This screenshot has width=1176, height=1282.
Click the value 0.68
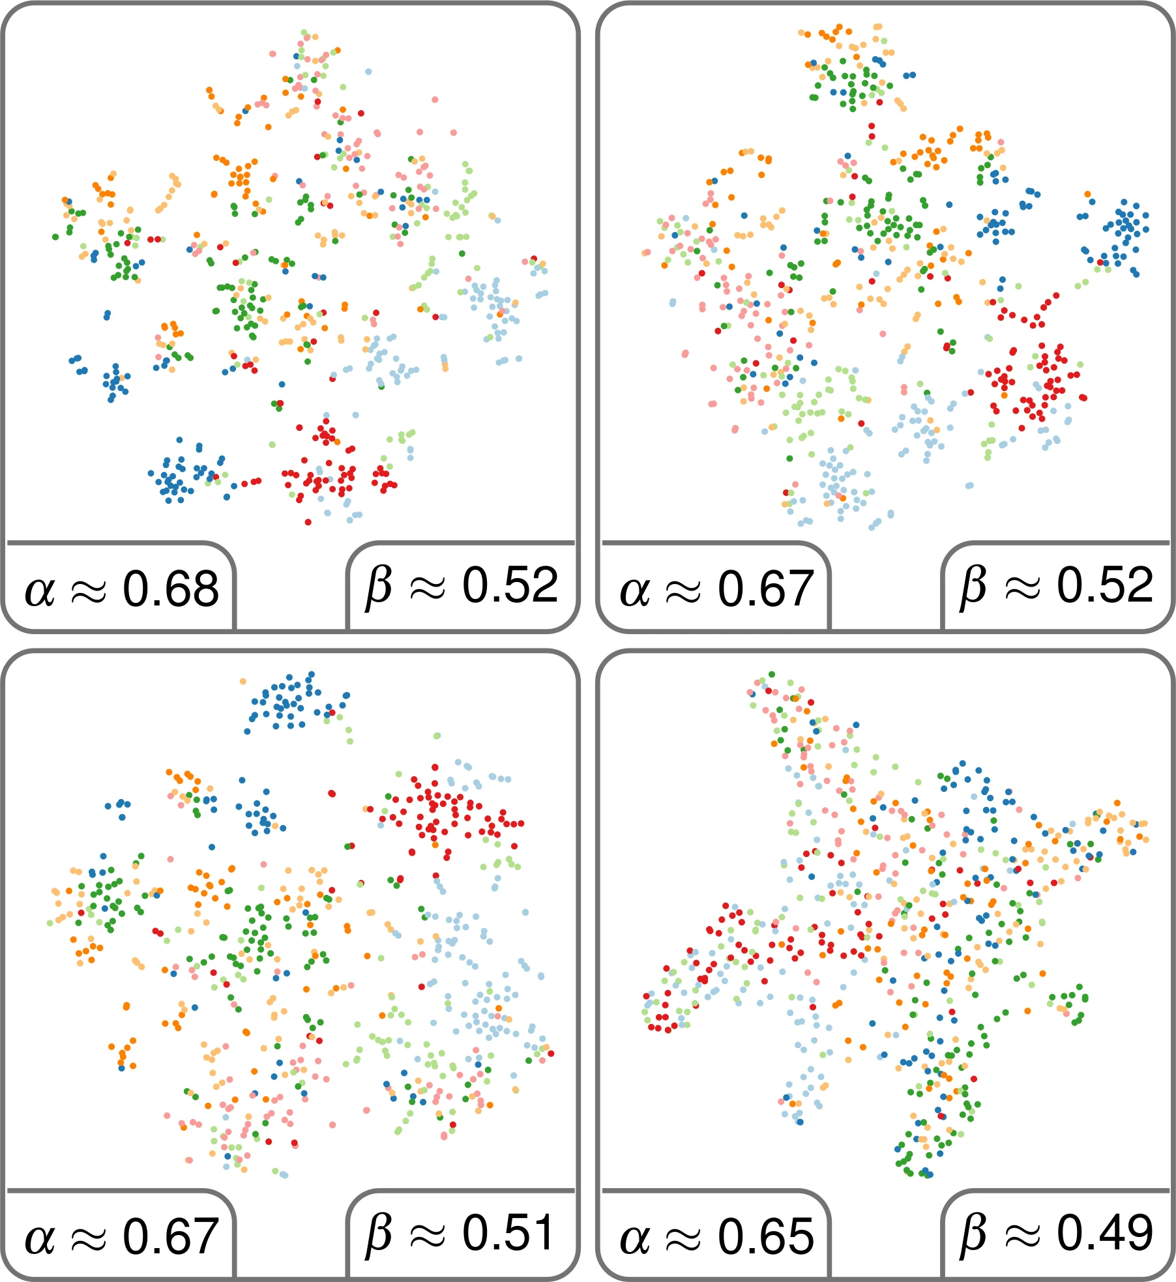click(x=171, y=589)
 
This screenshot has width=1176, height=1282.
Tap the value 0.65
click(x=766, y=1236)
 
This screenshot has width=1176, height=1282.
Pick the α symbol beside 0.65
click(x=635, y=1238)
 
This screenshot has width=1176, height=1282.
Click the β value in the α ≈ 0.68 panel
click(x=510, y=585)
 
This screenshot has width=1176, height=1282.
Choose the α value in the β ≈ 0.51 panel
click(x=171, y=1236)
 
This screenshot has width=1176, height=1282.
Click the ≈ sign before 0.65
click(x=683, y=1238)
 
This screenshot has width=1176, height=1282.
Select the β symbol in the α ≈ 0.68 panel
click(x=379, y=586)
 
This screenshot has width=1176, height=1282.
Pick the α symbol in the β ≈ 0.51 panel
click(x=40, y=1238)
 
